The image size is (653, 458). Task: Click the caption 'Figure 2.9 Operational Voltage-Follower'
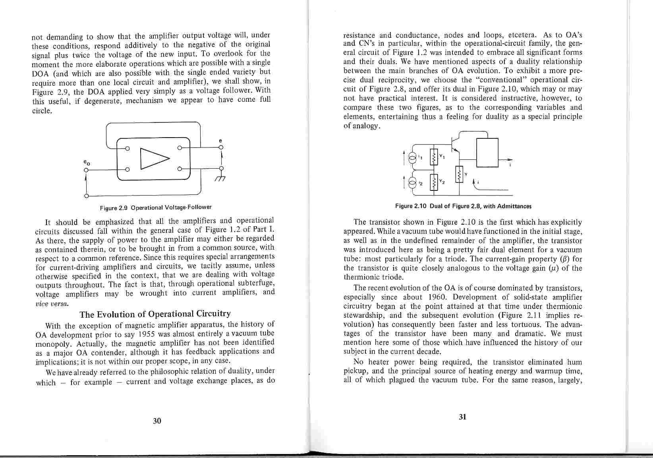[156, 208]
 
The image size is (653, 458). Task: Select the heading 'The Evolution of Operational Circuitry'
[155, 314]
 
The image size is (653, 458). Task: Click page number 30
[157, 421]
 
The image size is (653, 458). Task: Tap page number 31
[462, 417]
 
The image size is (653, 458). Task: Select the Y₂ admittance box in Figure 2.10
[434, 182]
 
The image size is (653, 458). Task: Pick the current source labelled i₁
[413, 158]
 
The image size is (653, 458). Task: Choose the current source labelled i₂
[413, 183]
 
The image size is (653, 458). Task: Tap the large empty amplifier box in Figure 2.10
[487, 152]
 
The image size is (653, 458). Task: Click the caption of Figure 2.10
[463, 206]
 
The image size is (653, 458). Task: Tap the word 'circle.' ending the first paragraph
[42, 110]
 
